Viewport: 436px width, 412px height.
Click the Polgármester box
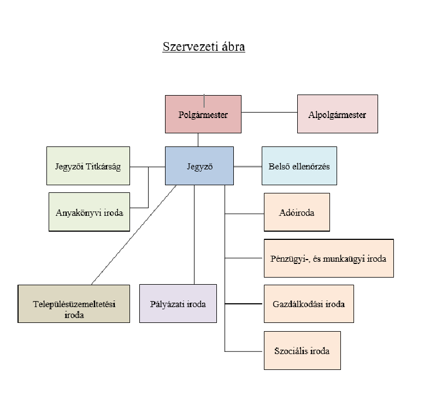(x=203, y=114)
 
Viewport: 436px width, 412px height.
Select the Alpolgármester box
(x=337, y=114)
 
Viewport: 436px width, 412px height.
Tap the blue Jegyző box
(x=199, y=165)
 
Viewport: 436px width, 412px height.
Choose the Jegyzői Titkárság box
(x=88, y=166)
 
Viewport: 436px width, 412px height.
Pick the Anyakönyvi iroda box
(x=90, y=212)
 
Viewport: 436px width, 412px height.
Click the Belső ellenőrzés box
(x=299, y=166)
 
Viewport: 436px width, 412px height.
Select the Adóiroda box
(x=297, y=212)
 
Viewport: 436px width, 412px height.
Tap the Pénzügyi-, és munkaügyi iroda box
(x=328, y=258)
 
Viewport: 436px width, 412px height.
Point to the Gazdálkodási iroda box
(x=308, y=303)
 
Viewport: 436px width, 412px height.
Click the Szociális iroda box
(x=302, y=350)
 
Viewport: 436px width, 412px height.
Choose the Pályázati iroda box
(x=178, y=303)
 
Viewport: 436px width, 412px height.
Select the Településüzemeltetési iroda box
(x=74, y=303)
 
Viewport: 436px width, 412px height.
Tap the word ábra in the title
(x=231, y=46)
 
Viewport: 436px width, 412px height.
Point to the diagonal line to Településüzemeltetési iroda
(x=134, y=235)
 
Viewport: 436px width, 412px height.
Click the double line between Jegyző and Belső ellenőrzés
(x=248, y=166)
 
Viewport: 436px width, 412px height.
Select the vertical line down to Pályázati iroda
(x=194, y=235)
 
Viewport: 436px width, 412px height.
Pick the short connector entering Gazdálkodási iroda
(x=244, y=303)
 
